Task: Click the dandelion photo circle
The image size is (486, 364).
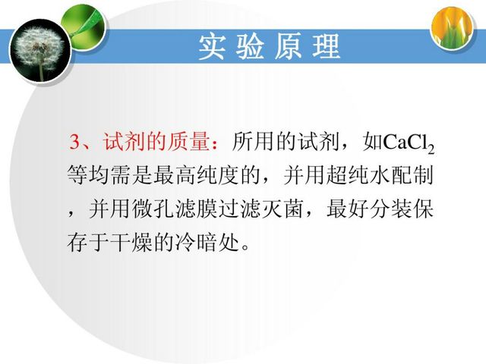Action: tap(40, 51)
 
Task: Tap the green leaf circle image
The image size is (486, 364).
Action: tap(84, 27)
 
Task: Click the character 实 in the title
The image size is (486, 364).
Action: tap(212, 47)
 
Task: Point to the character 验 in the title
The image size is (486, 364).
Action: tap(250, 47)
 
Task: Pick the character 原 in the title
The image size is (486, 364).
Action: tap(288, 47)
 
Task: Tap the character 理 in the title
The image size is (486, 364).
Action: tap(326, 47)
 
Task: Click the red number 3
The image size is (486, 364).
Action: tap(75, 142)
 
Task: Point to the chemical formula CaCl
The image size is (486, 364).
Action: tap(405, 142)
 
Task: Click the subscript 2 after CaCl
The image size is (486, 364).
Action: tap(431, 149)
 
